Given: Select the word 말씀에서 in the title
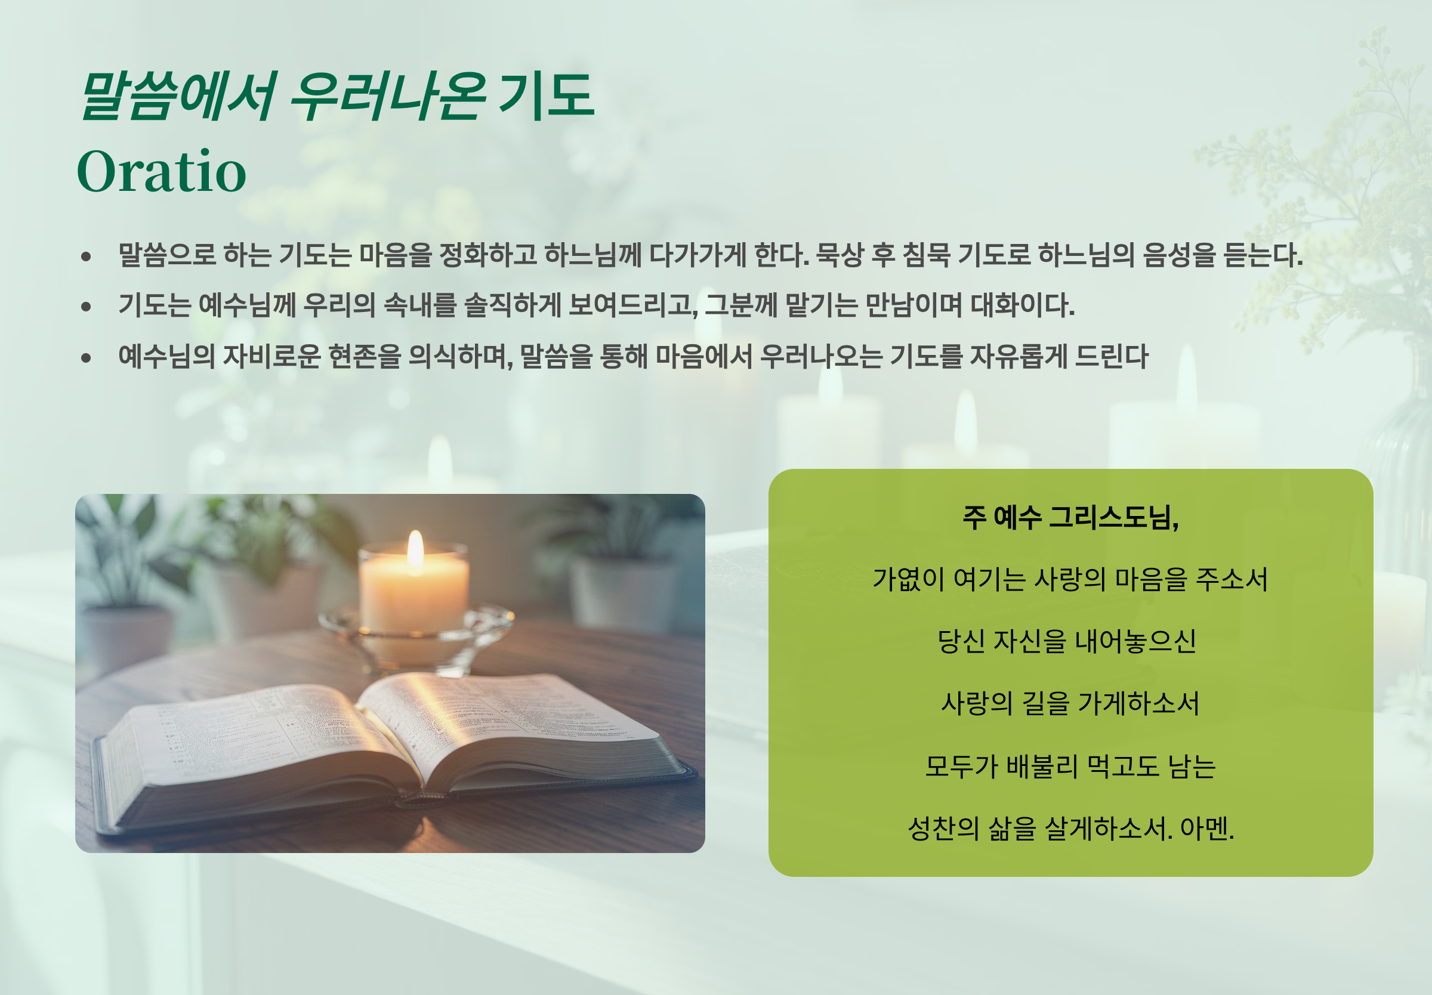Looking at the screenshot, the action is [178, 95].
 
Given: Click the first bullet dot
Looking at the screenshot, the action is [86, 255].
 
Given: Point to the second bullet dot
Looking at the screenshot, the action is [86, 306].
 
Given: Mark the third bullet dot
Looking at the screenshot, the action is [86, 357].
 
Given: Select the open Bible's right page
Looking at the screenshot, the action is [511, 723].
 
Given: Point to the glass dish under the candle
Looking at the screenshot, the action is [416, 636].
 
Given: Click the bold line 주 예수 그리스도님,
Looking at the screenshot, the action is [1070, 517].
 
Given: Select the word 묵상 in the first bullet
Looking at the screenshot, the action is [840, 254].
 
